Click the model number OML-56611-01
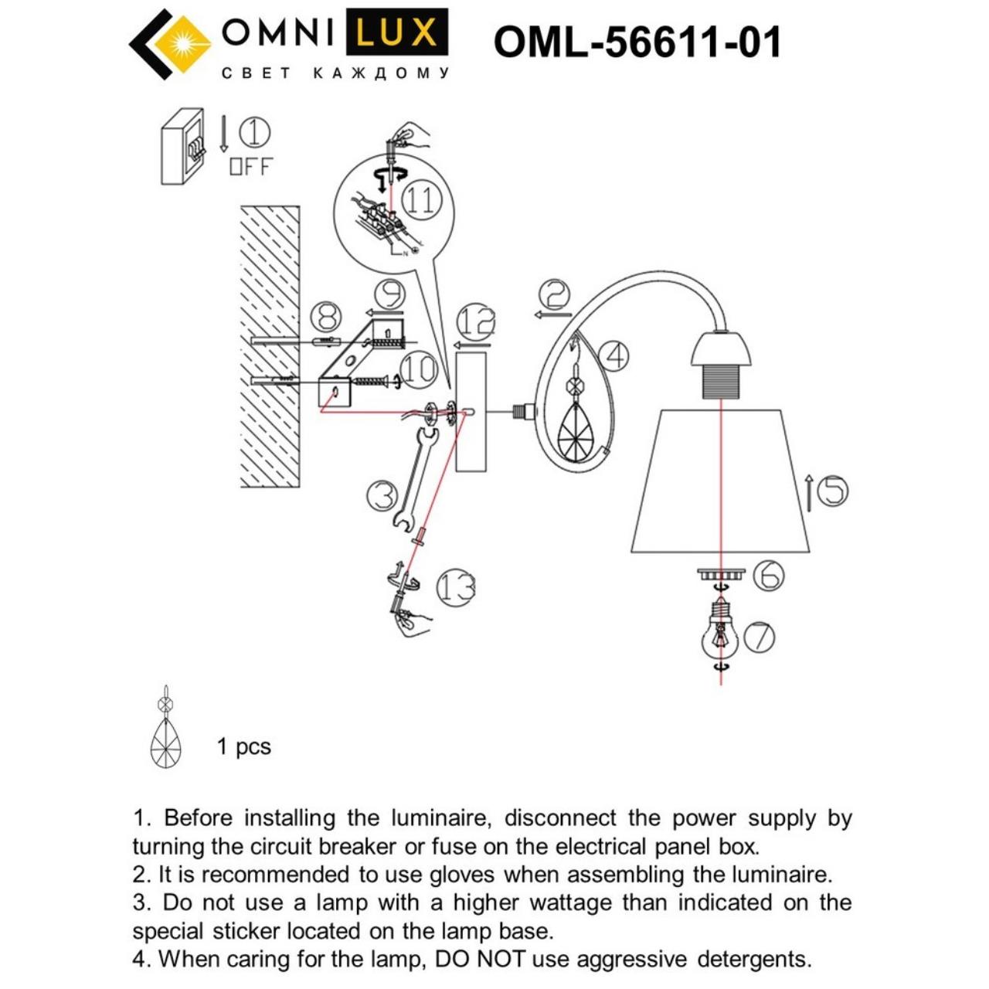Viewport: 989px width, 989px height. (637, 42)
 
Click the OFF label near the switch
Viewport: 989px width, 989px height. (251, 166)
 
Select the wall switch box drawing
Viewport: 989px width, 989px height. (183, 146)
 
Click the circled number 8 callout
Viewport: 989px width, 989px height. (326, 317)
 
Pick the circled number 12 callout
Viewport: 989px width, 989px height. (475, 321)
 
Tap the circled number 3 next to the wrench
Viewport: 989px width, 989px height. (382, 495)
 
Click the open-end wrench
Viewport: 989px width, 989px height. (415, 477)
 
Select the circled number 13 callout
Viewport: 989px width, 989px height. (455, 588)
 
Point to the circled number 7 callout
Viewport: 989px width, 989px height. (760, 637)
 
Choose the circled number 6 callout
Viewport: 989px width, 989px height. (768, 576)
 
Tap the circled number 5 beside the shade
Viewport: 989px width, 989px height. (832, 491)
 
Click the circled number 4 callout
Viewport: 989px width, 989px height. (614, 356)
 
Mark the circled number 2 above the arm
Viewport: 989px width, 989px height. (554, 294)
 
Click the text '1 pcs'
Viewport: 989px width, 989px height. (244, 746)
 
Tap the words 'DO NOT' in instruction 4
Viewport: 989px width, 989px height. (480, 959)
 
